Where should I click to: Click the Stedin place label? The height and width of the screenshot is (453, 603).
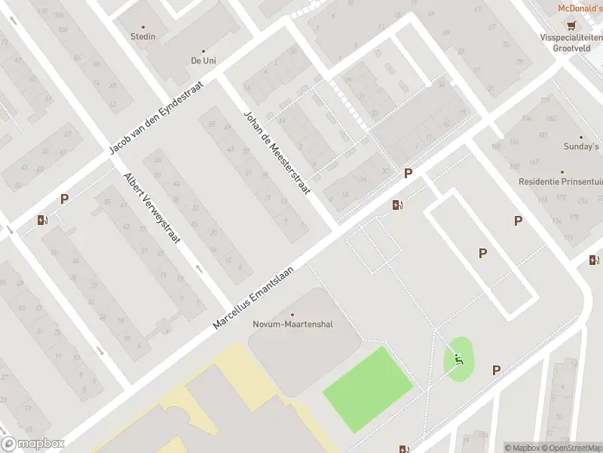pyautogui.click(x=143, y=36)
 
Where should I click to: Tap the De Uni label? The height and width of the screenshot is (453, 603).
pyautogui.click(x=204, y=60)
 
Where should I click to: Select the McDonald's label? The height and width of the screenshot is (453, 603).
pyautogui.click(x=579, y=8)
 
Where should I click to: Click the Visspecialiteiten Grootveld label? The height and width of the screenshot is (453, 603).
pyautogui.click(x=571, y=42)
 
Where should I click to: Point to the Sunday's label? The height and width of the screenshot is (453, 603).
pyautogui.click(x=581, y=146)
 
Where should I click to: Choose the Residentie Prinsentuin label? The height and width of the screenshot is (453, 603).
pyautogui.click(x=560, y=182)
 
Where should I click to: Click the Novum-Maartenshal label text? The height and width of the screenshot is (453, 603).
pyautogui.click(x=292, y=324)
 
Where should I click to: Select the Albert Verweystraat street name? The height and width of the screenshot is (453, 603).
pyautogui.click(x=152, y=208)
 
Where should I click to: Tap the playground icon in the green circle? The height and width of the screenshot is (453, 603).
pyautogui.click(x=458, y=358)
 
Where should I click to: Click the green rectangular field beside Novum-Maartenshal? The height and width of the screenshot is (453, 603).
pyautogui.click(x=368, y=390)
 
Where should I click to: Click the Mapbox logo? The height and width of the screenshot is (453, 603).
pyautogui.click(x=33, y=444)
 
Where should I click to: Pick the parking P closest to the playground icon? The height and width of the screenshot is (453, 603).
pyautogui.click(x=496, y=370)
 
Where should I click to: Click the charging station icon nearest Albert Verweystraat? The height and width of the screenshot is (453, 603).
pyautogui.click(x=41, y=220)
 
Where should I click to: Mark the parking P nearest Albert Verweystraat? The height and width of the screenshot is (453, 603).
pyautogui.click(x=65, y=199)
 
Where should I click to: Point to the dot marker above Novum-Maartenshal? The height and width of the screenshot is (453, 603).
pyautogui.click(x=292, y=314)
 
